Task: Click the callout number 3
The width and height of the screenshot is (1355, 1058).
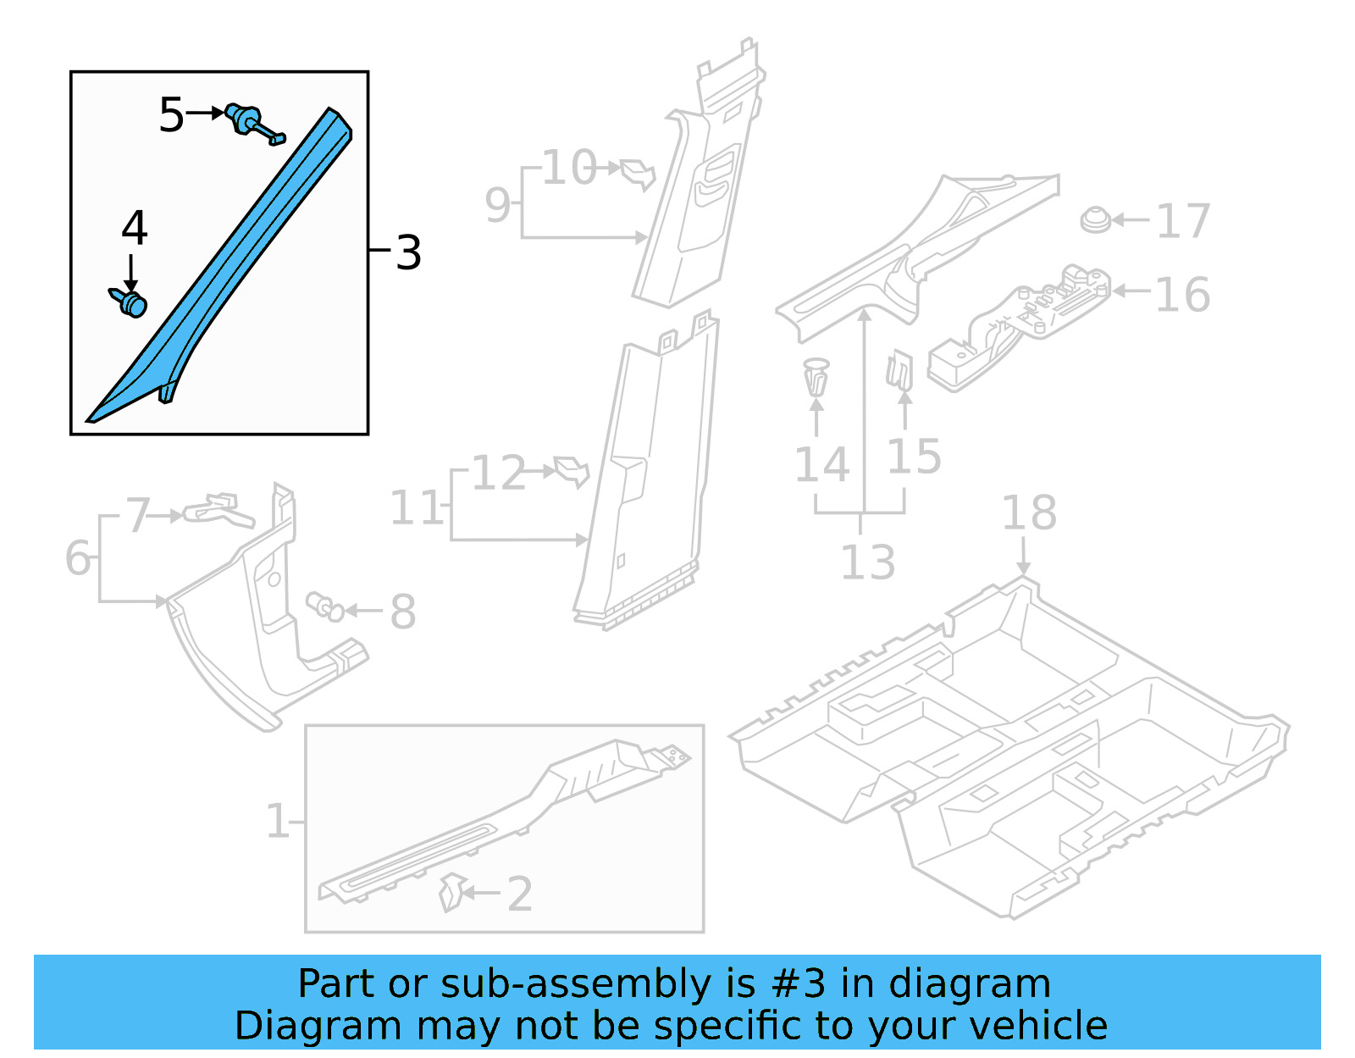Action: point(408,252)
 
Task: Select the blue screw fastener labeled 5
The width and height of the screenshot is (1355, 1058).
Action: point(252,124)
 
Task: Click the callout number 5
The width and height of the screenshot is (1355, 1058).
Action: point(171,114)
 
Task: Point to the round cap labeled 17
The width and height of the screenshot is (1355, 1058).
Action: point(1096,220)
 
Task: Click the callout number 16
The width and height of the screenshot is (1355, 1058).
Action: point(1182,294)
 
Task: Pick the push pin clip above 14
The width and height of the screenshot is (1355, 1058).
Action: point(816,378)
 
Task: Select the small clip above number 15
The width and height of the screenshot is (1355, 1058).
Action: point(899,371)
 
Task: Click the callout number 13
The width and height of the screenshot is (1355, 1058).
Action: point(867,562)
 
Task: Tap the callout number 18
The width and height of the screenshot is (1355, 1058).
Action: point(1029,512)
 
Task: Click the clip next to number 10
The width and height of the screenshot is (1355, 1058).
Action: point(639,173)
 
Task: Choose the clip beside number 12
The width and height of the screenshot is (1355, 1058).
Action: point(572,471)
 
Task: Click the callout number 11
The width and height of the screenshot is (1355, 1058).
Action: point(416,508)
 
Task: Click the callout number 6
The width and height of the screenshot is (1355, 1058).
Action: point(78,558)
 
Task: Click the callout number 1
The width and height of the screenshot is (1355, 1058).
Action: point(277,821)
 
